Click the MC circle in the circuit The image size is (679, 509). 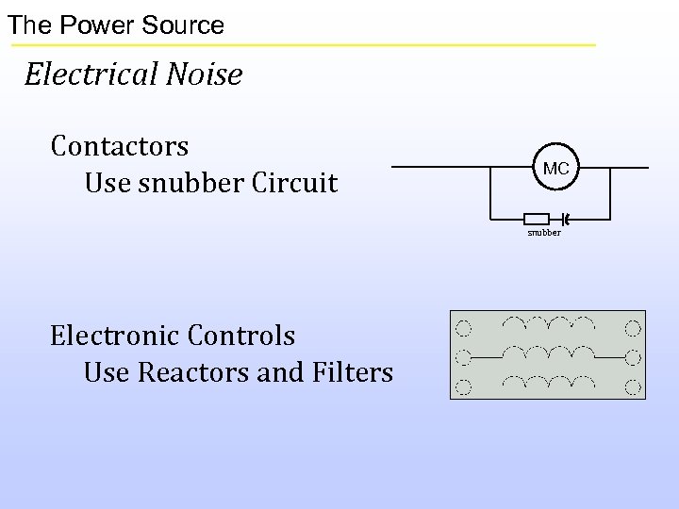[x=555, y=169]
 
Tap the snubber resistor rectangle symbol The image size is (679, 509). [x=536, y=218]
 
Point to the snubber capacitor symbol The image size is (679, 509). [x=564, y=218]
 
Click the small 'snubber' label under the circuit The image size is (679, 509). [x=544, y=232]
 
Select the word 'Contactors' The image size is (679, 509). [x=120, y=147]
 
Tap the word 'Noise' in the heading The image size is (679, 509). [x=205, y=74]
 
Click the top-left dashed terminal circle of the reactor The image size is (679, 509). [x=463, y=329]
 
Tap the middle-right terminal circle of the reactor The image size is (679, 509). [x=633, y=357]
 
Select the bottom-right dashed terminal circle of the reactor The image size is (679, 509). [x=633, y=386]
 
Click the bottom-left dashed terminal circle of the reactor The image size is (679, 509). [x=463, y=386]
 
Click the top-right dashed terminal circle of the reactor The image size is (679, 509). [x=633, y=329]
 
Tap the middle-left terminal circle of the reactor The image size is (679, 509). [x=463, y=357]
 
